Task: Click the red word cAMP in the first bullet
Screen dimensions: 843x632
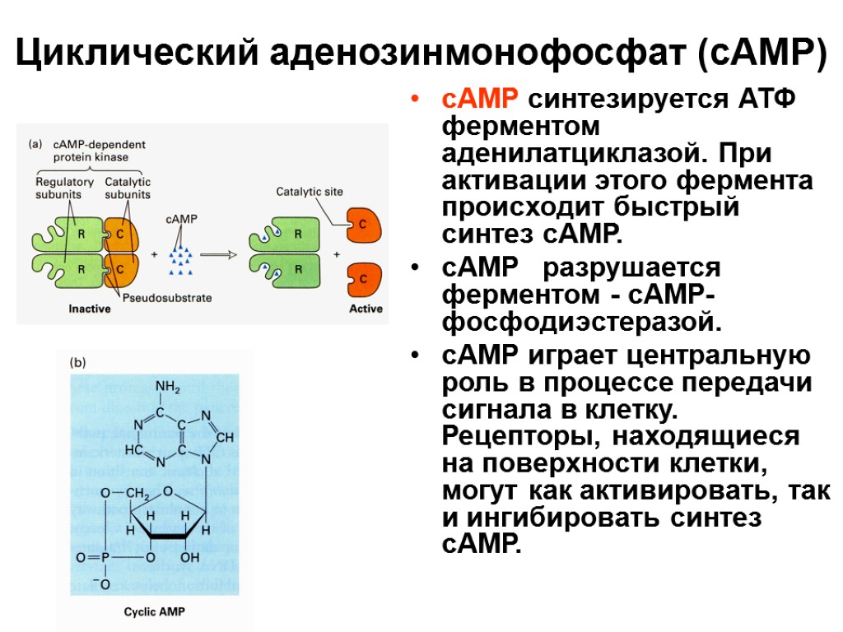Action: point(479,100)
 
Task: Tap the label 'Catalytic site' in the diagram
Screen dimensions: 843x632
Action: point(310,192)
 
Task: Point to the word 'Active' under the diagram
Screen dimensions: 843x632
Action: point(366,309)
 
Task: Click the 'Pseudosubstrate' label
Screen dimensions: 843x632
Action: point(168,298)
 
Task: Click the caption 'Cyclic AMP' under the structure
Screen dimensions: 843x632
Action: point(156,612)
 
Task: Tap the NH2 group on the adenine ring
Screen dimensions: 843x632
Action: point(168,385)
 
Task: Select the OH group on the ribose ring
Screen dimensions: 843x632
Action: point(190,557)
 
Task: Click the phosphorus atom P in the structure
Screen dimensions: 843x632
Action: point(106,558)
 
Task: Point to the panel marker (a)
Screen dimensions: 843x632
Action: point(35,143)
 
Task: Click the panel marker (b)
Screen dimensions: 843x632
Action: point(77,361)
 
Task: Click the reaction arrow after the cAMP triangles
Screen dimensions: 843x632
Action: point(218,254)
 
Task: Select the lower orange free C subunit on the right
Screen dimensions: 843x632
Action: point(363,278)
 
